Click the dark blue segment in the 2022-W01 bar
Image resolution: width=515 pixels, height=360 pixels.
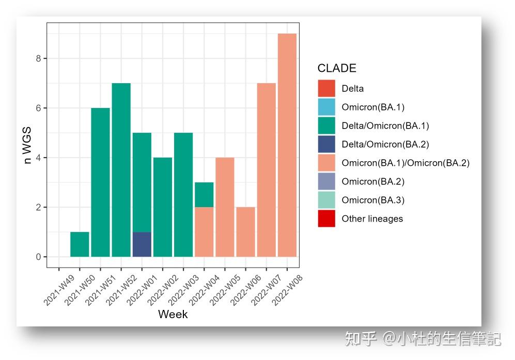(142, 244)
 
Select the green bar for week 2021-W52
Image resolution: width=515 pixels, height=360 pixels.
(121, 170)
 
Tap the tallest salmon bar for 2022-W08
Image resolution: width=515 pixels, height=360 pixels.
(287, 145)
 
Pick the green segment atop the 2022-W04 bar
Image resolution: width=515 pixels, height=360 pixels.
(204, 195)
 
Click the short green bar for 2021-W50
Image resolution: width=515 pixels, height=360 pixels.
(80, 244)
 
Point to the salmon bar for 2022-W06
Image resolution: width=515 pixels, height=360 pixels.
(245, 232)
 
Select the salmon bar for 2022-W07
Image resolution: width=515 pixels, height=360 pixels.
(266, 170)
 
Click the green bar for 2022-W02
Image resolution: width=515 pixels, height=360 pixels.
(163, 207)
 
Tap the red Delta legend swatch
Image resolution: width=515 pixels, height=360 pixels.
(326, 88)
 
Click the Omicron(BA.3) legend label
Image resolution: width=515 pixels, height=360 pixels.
(372, 200)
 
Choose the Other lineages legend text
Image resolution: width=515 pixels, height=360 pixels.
(372, 218)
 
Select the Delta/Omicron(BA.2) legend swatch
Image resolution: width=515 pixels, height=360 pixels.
(326, 144)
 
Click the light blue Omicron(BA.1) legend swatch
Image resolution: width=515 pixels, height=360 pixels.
(326, 107)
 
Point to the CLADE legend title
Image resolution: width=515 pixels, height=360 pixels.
(337, 68)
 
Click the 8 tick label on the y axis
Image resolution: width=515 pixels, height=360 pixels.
(39, 58)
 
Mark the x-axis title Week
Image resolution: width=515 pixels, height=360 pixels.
(173, 314)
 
